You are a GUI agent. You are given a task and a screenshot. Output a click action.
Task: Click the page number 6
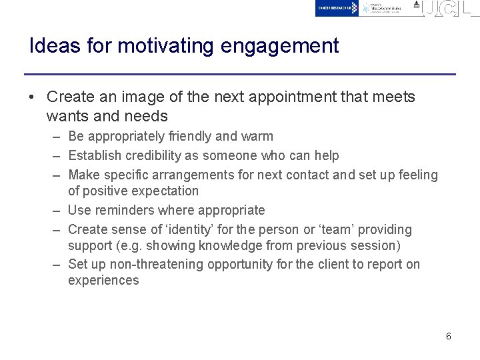449,336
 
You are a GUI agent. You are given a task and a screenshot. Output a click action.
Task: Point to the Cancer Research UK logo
337,8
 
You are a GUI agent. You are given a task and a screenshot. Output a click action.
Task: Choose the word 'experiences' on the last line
103,280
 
